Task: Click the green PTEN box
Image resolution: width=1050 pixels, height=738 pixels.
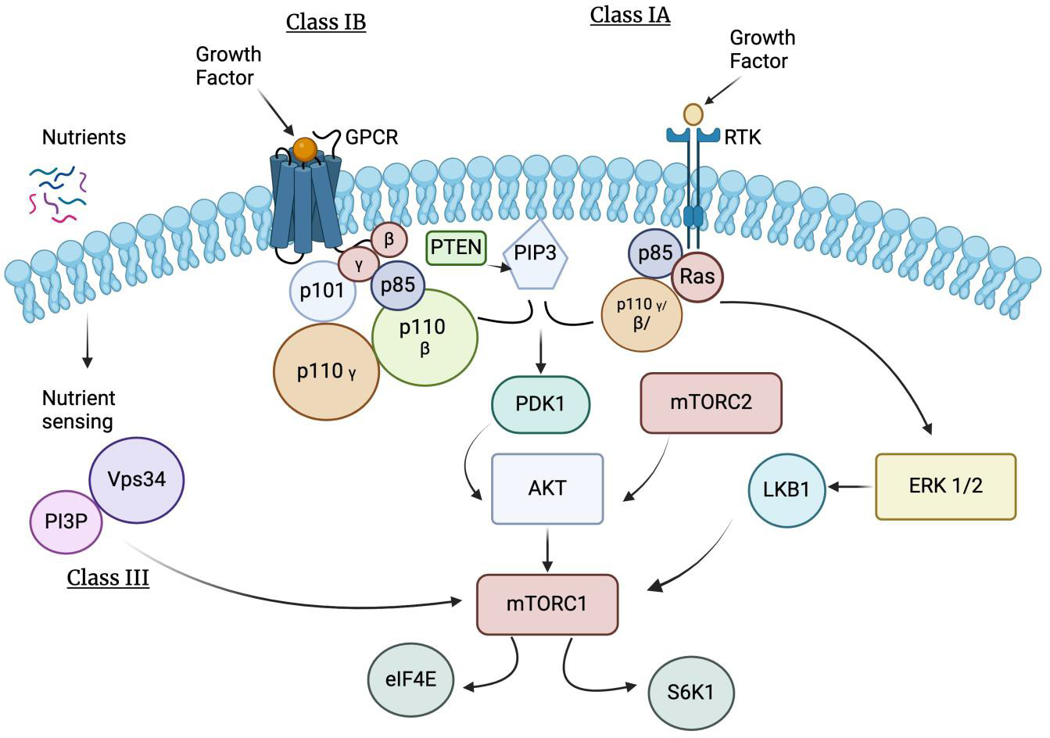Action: [x=456, y=249]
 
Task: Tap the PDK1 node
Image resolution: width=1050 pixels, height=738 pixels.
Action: [x=540, y=405]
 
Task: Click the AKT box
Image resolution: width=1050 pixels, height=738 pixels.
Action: [x=547, y=488]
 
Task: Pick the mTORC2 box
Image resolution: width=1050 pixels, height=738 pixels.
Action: [x=711, y=403]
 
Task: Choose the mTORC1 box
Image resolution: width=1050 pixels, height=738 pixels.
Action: [x=547, y=604]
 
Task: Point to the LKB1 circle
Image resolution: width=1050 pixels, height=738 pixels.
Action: [x=787, y=490]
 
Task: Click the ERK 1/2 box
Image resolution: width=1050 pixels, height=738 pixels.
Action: [x=945, y=485]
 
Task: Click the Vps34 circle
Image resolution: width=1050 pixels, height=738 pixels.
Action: [x=138, y=478]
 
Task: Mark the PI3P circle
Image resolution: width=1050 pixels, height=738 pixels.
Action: [x=66, y=520]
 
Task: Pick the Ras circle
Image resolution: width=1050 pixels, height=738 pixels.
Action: [x=697, y=276]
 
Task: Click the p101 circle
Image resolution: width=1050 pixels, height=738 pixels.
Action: [x=322, y=291]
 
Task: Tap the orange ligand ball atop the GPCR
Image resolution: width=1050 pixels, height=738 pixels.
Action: [x=306, y=148]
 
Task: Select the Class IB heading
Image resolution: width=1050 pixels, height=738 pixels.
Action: [x=325, y=21]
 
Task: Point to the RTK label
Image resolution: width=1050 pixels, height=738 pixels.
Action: [x=743, y=138]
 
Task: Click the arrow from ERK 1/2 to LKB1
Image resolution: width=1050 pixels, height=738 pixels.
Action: [x=851, y=487]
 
